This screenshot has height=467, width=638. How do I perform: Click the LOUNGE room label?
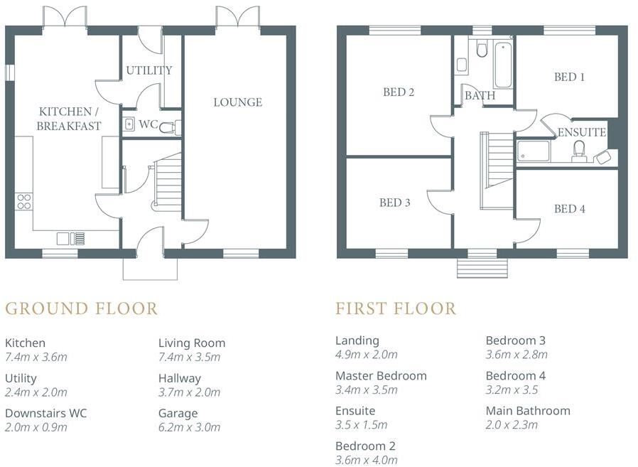[x=238, y=102]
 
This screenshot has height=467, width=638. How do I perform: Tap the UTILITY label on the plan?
[x=149, y=70]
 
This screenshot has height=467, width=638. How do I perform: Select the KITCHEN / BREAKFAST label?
[x=70, y=119]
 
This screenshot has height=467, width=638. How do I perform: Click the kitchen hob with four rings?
[x=23, y=201]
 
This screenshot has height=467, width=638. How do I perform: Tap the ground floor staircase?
[x=168, y=183]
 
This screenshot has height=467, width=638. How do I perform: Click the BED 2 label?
[x=398, y=92]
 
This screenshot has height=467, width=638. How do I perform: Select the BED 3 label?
[x=394, y=203]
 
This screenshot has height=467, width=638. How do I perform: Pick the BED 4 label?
[x=569, y=209]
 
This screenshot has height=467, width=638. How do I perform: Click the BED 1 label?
[x=569, y=77]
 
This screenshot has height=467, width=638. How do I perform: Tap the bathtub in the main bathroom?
[x=503, y=65]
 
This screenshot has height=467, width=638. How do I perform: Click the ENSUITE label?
[x=582, y=132]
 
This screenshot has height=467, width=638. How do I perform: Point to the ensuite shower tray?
[x=534, y=151]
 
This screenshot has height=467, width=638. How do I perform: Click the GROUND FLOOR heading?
[x=81, y=308]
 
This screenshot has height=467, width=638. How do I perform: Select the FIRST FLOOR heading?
[x=396, y=308]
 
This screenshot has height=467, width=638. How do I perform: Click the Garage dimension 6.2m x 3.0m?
[x=189, y=427]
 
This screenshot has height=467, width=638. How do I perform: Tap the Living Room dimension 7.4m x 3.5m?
[x=189, y=357]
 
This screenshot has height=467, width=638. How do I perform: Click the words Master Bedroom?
[x=381, y=375]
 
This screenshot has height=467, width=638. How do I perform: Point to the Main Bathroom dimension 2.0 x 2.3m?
[x=512, y=425]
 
